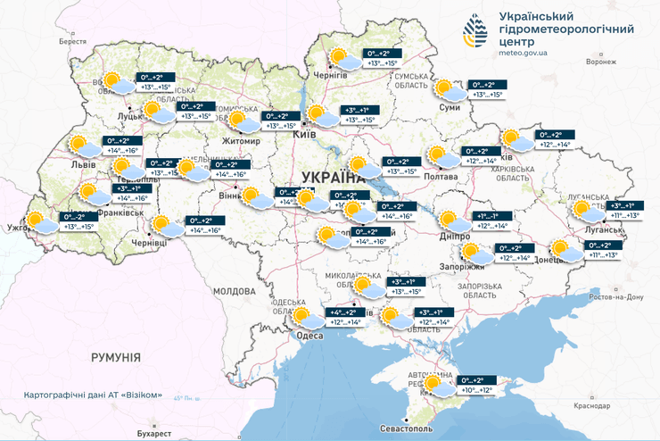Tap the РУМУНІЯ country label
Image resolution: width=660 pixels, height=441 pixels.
116,357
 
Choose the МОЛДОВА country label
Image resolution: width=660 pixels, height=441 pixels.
235,292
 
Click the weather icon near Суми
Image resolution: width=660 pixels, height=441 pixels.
447,89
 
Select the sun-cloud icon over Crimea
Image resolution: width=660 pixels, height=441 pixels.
437,385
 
